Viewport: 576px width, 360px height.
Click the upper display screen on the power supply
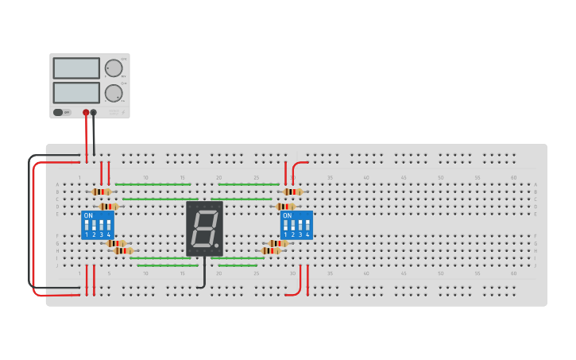click(x=76, y=68)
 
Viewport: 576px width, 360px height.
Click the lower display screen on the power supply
click(x=76, y=92)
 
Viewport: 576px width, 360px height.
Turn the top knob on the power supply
click(x=114, y=68)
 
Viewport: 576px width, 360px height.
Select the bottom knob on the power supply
click(x=114, y=93)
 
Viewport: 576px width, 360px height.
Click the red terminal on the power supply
click(x=86, y=112)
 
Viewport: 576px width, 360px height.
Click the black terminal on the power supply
click(x=94, y=112)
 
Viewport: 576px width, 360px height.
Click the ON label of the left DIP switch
click(x=88, y=215)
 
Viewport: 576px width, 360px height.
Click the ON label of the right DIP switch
click(x=287, y=215)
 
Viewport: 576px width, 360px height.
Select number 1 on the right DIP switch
click(x=285, y=235)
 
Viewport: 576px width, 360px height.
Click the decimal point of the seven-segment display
click(x=217, y=245)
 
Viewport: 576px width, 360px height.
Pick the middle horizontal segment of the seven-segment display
click(x=204, y=228)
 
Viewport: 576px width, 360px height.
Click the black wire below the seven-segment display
click(x=204, y=274)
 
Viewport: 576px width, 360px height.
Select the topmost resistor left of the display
click(x=101, y=192)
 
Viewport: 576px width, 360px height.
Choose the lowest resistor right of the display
click(x=271, y=251)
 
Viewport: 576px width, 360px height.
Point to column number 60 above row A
click(x=513, y=177)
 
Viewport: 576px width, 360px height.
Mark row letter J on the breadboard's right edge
click(x=535, y=265)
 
